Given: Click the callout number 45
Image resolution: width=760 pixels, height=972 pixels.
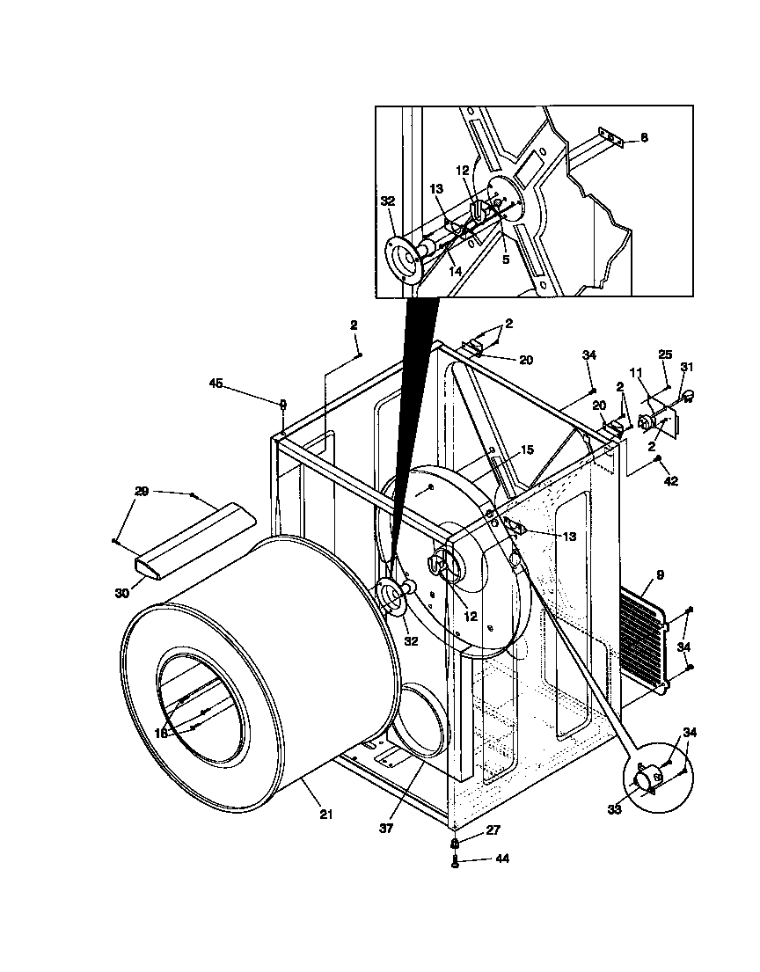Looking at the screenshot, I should click(x=216, y=383).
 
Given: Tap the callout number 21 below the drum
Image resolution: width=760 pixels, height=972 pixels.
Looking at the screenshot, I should click(x=325, y=815).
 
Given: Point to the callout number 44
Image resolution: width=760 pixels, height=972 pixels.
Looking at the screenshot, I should click(x=501, y=859).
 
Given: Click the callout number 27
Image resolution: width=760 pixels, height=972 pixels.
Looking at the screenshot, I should click(x=493, y=829).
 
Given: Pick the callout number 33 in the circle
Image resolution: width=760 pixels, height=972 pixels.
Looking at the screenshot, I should click(x=614, y=808).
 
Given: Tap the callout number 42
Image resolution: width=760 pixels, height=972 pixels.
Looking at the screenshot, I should click(x=670, y=481).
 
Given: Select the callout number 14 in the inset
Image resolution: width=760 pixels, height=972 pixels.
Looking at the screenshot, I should click(x=455, y=272).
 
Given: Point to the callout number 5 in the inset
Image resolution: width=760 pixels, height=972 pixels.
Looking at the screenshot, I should click(x=505, y=259).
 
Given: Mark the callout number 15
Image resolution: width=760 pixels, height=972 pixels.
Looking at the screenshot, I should click(x=527, y=449).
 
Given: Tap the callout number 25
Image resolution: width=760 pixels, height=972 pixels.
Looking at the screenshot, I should click(x=665, y=354).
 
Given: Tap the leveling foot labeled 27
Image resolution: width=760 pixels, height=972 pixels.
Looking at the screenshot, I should click(x=455, y=843).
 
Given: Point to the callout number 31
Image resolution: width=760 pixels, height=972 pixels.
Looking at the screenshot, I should click(x=687, y=367).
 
